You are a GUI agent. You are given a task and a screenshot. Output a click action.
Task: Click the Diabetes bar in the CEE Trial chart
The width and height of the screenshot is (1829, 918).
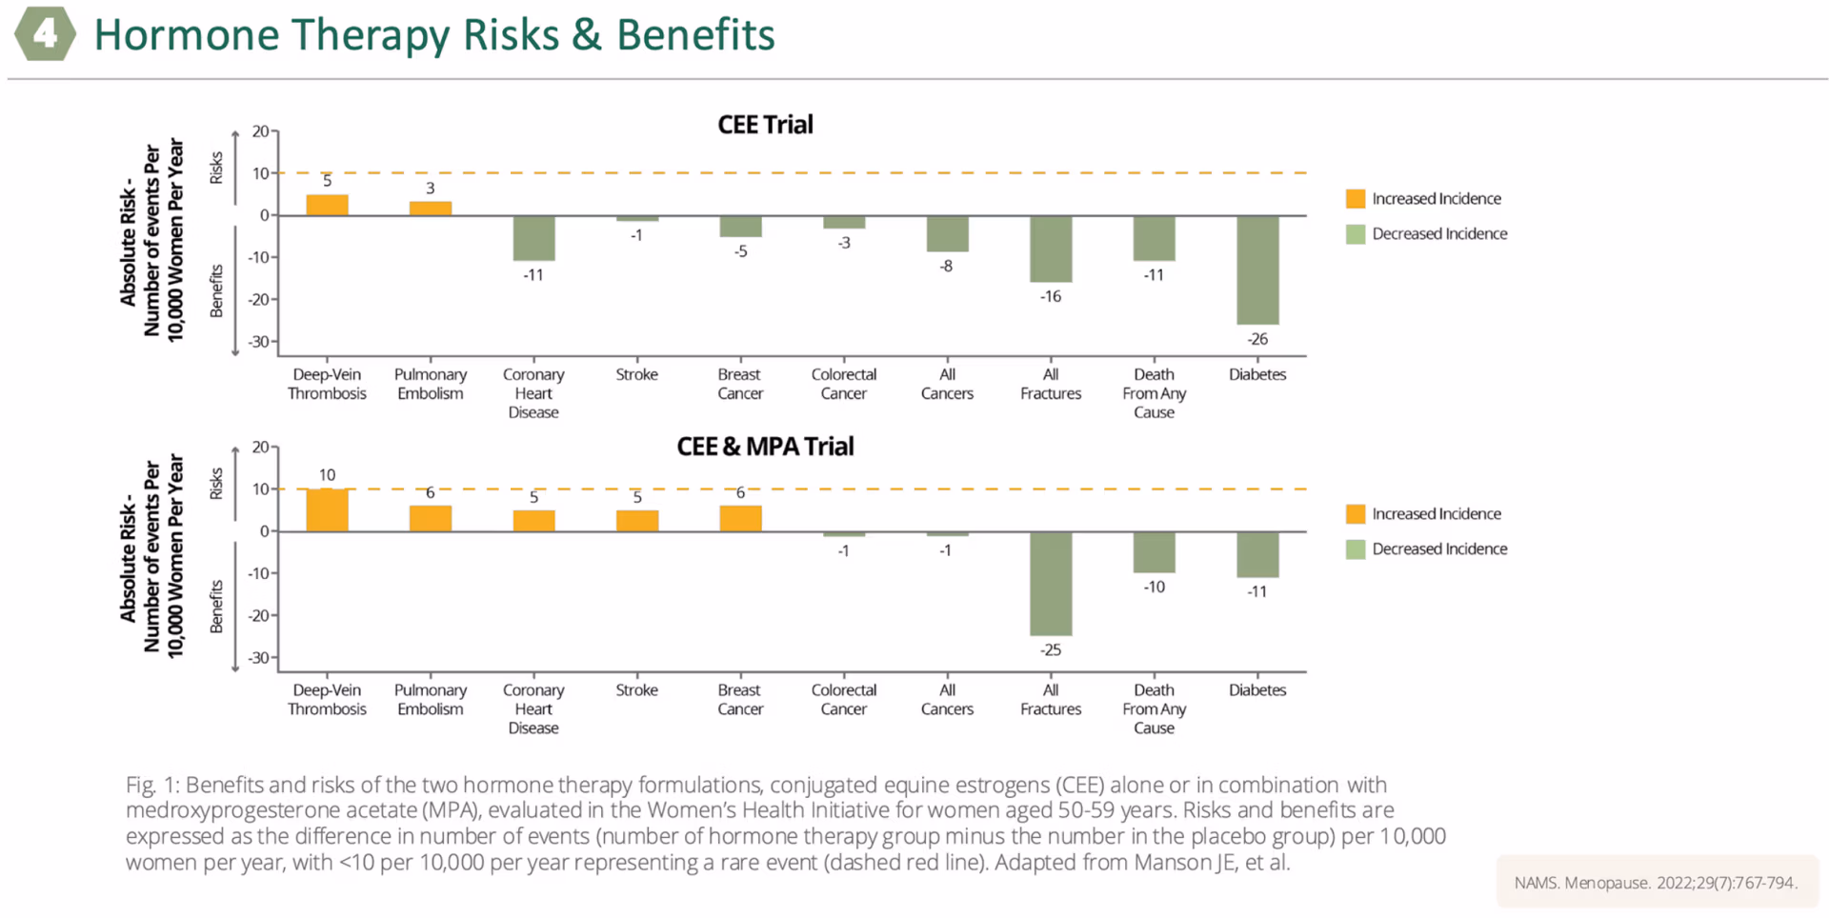[x=1257, y=270]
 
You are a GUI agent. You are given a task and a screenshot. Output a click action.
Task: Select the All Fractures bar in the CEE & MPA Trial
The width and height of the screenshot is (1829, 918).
[x=1051, y=583]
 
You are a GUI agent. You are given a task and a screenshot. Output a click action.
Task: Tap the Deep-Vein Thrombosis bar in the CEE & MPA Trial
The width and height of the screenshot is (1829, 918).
[x=327, y=509]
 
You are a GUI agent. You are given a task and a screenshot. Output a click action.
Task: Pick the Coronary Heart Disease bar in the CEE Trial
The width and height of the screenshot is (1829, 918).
[x=533, y=238]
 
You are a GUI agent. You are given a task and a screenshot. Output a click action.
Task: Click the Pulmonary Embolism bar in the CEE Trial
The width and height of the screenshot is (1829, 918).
[x=431, y=209]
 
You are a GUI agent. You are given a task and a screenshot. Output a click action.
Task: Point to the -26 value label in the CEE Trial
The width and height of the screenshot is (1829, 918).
[x=1257, y=339]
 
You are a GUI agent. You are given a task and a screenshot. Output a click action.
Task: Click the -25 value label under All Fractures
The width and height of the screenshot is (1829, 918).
[x=1051, y=649]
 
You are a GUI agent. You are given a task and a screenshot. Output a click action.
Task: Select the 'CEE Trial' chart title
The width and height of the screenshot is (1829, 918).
[x=765, y=125]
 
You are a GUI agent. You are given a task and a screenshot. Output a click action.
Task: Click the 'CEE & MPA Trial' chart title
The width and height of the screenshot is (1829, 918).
[x=765, y=447]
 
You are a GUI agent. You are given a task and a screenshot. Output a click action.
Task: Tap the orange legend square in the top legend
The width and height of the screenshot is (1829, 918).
[x=1356, y=198]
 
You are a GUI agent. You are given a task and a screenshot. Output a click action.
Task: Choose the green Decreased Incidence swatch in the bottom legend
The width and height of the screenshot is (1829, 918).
[x=1356, y=549]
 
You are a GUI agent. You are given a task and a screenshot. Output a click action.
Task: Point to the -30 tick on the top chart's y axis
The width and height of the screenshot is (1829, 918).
[x=259, y=342]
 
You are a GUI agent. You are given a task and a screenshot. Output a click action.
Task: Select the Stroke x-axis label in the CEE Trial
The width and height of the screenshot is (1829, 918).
[x=636, y=374]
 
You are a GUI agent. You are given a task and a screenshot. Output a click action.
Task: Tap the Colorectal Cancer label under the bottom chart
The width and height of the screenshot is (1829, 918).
[x=843, y=699]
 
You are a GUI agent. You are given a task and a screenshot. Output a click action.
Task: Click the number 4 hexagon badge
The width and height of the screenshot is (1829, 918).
[x=45, y=35]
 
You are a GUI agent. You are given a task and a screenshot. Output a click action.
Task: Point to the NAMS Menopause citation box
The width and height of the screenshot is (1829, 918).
[x=1656, y=883]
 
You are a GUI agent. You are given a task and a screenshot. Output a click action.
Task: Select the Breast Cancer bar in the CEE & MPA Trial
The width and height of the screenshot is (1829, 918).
[x=740, y=518]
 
